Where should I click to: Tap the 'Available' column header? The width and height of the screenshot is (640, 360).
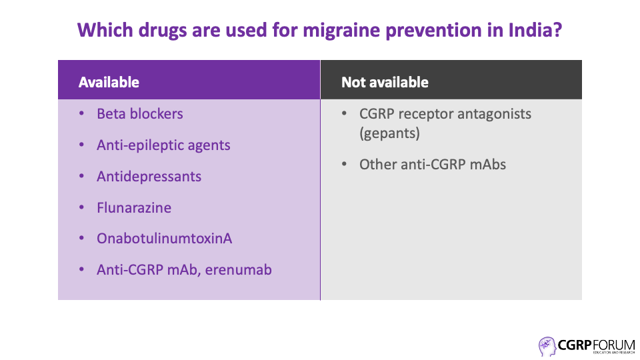click(x=109, y=83)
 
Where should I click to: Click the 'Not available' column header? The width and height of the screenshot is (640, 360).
click(x=385, y=83)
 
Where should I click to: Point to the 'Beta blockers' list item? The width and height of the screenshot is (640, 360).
click(x=139, y=114)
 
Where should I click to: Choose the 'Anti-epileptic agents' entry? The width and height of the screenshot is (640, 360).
click(x=163, y=145)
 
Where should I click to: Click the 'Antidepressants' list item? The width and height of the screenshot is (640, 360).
click(x=149, y=177)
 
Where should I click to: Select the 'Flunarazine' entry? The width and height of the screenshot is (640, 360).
click(x=134, y=208)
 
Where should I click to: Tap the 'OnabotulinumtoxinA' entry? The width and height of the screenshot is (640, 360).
click(x=165, y=239)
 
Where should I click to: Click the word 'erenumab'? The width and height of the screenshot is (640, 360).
click(x=239, y=270)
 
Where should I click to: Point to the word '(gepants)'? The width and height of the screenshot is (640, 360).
click(x=389, y=133)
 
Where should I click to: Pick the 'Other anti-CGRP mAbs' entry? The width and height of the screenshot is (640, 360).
click(x=433, y=165)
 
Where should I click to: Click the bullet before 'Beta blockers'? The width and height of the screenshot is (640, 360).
click(x=81, y=113)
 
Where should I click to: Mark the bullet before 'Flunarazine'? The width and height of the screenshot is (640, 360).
click(x=81, y=207)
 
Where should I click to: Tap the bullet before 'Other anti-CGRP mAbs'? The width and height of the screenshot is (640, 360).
click(x=344, y=164)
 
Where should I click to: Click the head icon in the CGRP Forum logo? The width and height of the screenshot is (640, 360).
click(x=547, y=347)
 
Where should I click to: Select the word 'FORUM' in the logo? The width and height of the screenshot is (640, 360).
click(x=614, y=345)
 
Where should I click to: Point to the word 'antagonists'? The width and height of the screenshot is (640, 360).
click(x=494, y=115)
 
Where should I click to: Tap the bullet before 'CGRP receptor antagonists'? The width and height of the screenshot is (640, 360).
click(x=344, y=113)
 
